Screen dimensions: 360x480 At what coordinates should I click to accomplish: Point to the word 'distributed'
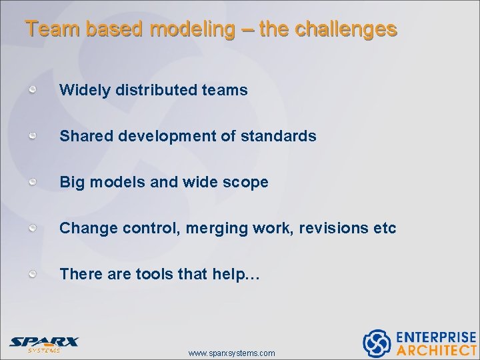(x=155, y=90)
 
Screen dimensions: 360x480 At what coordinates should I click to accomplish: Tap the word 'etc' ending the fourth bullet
(x=385, y=228)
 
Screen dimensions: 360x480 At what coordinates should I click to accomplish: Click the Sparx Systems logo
(x=43, y=343)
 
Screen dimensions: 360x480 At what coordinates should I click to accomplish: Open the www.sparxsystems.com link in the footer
(x=231, y=353)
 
